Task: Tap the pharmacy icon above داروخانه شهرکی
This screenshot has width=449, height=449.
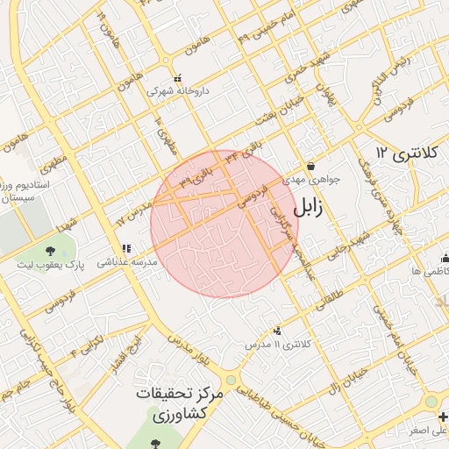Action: click(178, 78)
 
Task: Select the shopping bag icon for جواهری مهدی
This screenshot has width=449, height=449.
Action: click(310, 166)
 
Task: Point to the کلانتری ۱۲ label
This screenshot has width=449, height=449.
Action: click(405, 153)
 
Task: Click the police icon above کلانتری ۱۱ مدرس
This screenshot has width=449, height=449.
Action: click(278, 331)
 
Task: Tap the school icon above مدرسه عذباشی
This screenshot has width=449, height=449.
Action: click(126, 248)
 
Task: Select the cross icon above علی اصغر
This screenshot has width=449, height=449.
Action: click(431, 417)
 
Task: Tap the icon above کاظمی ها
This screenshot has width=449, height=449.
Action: click(442, 258)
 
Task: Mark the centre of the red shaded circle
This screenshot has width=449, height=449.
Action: click(224, 223)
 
